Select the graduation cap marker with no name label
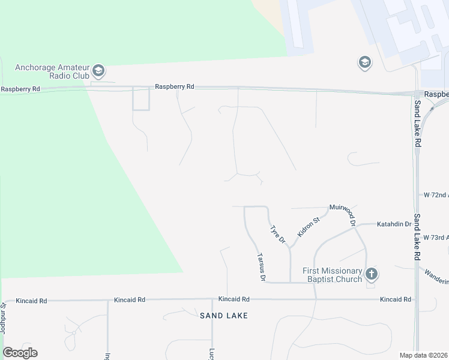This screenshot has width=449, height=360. point(364,62)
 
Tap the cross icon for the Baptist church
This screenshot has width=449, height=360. point(372,274)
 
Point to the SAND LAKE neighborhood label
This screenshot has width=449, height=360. point(223,315)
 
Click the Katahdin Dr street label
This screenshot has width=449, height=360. point(394,224)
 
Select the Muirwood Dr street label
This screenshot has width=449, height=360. point(343,215)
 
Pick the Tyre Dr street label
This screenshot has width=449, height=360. point(277,235)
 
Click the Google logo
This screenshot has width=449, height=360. point(20,353)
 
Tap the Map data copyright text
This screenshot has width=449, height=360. point(423,355)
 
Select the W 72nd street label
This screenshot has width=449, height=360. point(436,195)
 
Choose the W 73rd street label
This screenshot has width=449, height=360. point(436,238)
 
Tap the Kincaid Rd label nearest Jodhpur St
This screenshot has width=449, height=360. point(31,300)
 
